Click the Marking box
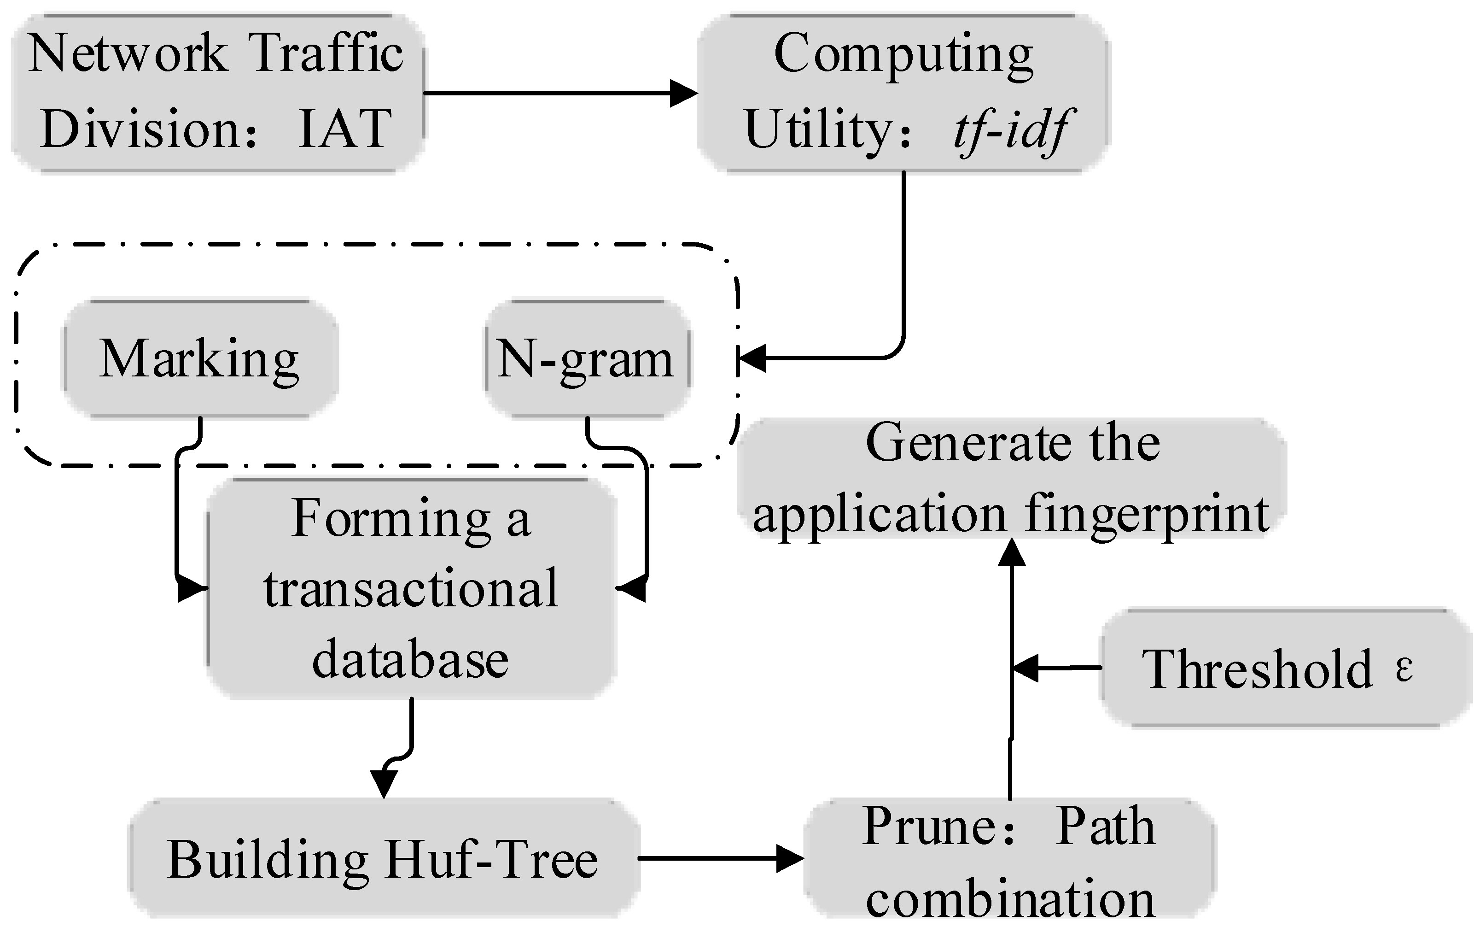pos(200,359)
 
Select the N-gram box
pos(587,359)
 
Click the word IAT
pos(345,129)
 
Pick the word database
pos(410,660)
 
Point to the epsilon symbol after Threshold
pos(1404,668)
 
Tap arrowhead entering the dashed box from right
pos(751,358)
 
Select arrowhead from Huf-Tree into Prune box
pos(790,858)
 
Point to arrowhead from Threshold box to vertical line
pos(1026,668)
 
